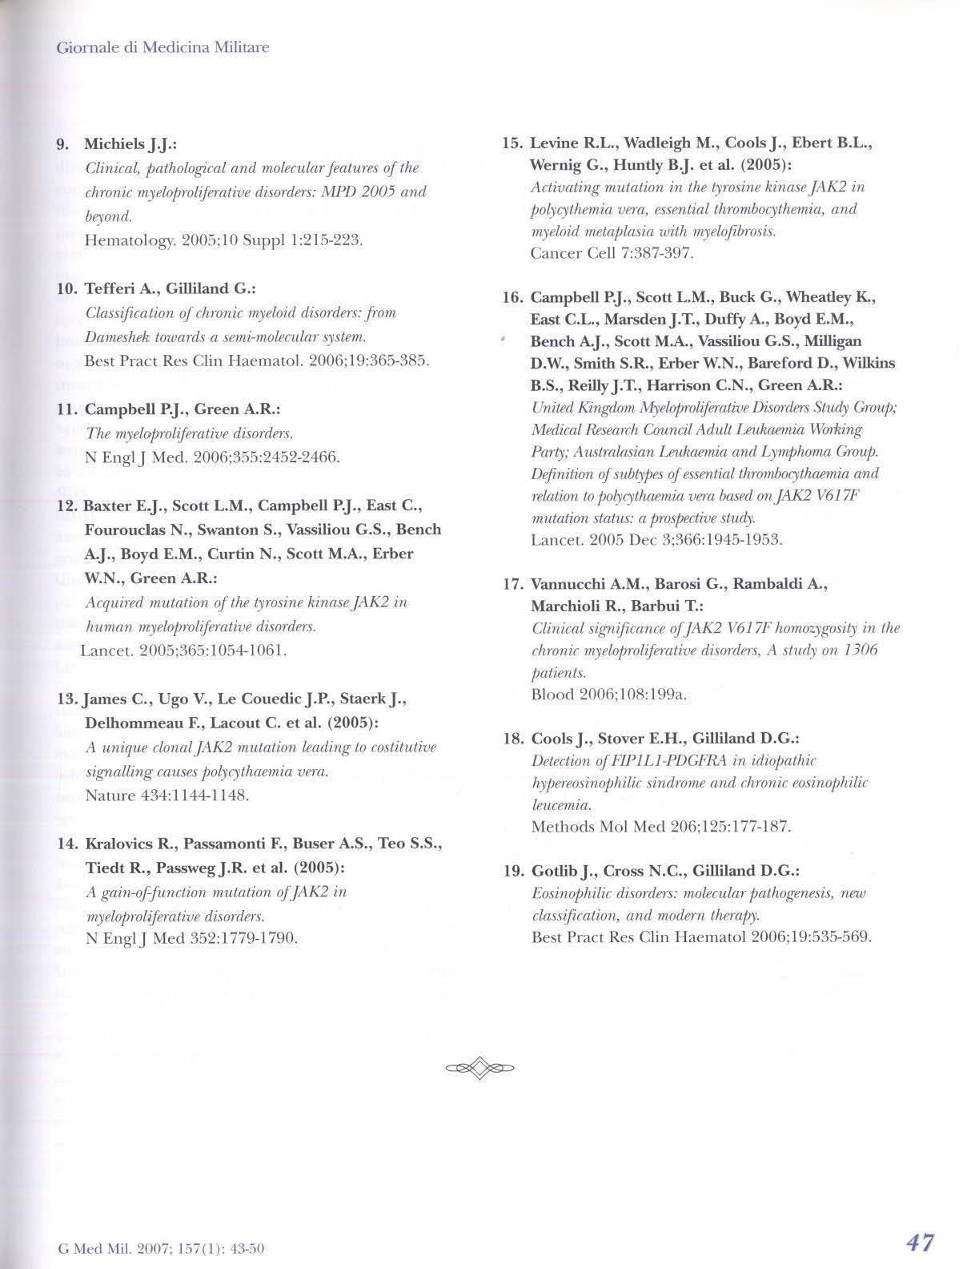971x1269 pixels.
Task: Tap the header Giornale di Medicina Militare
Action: click(163, 47)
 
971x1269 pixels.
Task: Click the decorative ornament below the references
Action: click(479, 1067)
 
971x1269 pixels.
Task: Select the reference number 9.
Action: click(62, 144)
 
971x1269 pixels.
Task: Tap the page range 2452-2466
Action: click(300, 457)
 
